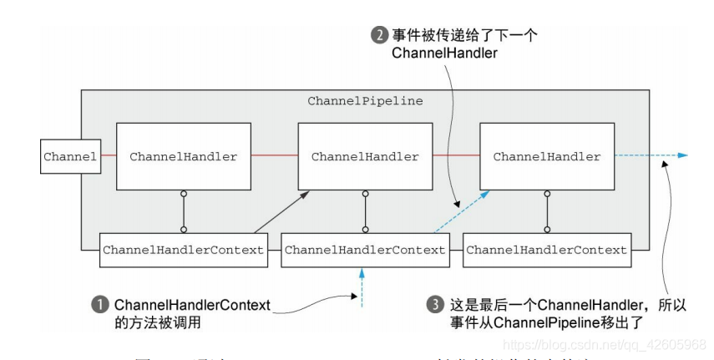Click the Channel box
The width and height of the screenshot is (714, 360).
pos(70,156)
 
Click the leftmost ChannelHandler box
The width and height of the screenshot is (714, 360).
pos(182,156)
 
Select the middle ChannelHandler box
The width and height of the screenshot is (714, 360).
pos(364,156)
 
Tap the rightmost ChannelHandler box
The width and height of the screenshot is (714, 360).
pos(546,156)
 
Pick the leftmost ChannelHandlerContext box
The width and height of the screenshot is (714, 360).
pos(183,250)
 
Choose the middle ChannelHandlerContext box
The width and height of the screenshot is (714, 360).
pos(364,250)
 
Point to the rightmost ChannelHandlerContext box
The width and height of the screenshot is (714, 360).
pos(546,250)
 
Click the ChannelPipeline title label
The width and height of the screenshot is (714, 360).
pos(365,101)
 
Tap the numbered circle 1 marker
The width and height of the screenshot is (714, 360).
pos(100,305)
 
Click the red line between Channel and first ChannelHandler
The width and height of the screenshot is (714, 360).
pos(108,155)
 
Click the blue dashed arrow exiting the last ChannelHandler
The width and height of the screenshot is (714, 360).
pos(651,155)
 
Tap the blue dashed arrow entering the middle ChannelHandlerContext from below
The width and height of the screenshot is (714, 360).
pos(362,288)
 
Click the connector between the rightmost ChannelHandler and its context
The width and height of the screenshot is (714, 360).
pos(547,209)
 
